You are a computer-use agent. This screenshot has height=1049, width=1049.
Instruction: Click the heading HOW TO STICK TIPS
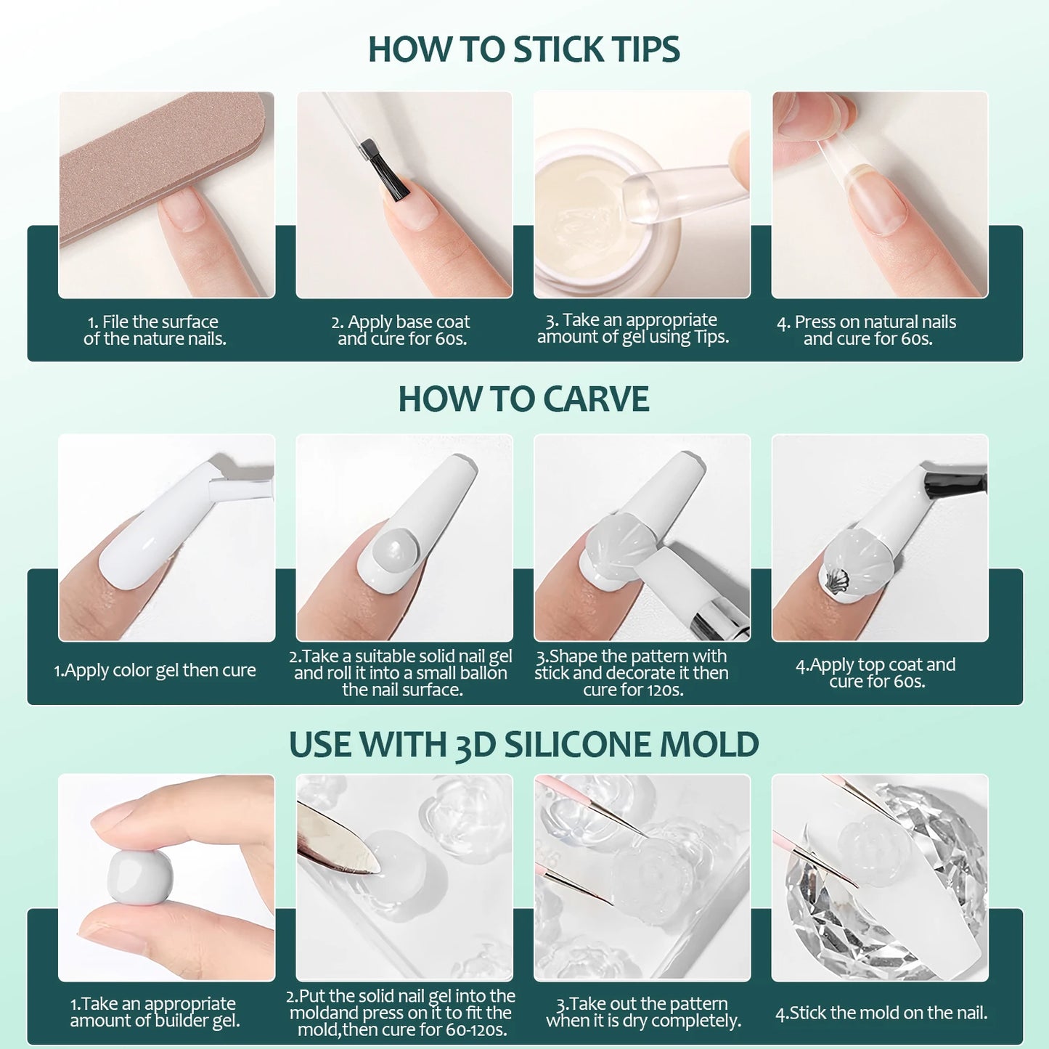click(x=523, y=49)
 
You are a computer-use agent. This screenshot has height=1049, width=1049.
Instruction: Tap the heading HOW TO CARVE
click(x=523, y=399)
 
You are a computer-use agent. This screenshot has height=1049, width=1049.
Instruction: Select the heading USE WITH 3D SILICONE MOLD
click(x=523, y=745)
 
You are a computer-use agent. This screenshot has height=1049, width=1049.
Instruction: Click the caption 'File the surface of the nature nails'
click(x=155, y=330)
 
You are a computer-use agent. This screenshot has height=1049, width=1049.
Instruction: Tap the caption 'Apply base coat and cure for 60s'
click(x=401, y=330)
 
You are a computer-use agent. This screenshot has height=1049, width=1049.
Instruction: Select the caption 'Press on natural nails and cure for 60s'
click(x=868, y=330)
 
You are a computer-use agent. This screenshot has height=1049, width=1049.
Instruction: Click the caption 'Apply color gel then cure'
click(x=155, y=670)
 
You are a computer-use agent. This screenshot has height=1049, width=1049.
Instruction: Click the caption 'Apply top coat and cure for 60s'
click(x=876, y=673)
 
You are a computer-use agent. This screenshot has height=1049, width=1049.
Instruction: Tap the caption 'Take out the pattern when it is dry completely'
click(x=643, y=1013)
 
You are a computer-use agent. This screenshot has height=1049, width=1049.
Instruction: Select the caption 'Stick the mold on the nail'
click(x=881, y=1013)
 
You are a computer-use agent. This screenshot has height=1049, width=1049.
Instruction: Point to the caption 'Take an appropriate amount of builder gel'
click(x=155, y=1013)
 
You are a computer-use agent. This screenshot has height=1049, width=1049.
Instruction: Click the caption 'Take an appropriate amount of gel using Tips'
click(x=632, y=328)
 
